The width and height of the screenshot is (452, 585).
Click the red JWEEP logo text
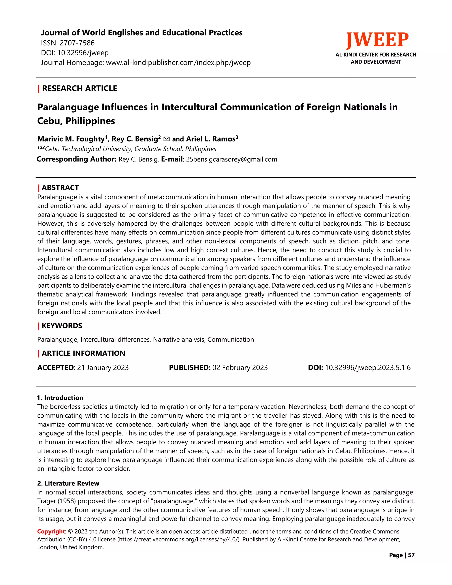click(x=377, y=40)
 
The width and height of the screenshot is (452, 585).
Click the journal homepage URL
click(x=178, y=63)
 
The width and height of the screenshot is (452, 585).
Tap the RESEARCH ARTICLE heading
click(x=79, y=88)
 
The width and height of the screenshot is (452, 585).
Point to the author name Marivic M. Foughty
click(x=71, y=139)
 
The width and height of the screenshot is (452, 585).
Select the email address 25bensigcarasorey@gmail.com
click(x=232, y=159)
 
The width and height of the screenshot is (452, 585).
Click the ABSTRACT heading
click(x=60, y=187)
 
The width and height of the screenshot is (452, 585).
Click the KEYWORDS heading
click(x=62, y=326)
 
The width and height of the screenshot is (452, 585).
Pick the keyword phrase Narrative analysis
click(x=179, y=339)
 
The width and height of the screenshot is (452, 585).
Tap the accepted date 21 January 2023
click(x=103, y=368)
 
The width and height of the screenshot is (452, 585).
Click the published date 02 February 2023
click(x=240, y=368)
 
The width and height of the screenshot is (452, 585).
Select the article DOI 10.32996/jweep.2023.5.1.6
click(x=368, y=368)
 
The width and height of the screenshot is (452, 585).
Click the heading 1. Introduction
click(x=60, y=398)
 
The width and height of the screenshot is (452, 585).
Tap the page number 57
click(x=411, y=555)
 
